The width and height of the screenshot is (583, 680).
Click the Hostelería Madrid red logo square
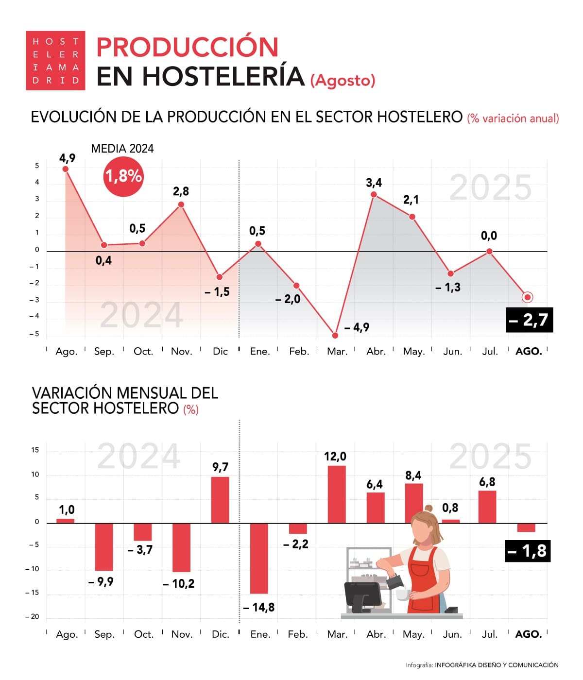[55, 61]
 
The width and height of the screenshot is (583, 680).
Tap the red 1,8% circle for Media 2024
[123, 176]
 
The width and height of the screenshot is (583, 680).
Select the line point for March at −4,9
[335, 335]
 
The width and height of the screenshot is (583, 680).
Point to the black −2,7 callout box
[529, 320]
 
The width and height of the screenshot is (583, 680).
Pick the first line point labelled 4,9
[66, 169]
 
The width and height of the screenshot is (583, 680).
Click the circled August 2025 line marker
[528, 297]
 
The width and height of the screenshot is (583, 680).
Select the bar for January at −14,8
[259, 558]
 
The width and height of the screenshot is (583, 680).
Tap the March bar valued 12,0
[337, 494]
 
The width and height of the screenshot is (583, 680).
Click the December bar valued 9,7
[220, 500]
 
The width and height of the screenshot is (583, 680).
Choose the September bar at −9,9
[104, 547]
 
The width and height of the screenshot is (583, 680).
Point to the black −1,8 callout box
[528, 551]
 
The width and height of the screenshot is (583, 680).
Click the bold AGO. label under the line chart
[529, 351]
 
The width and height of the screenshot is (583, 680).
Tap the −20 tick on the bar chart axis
[34, 616]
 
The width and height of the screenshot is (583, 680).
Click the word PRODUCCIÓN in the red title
[188, 47]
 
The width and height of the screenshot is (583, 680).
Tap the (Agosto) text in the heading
[343, 80]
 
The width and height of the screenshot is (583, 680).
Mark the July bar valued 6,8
[487, 507]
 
